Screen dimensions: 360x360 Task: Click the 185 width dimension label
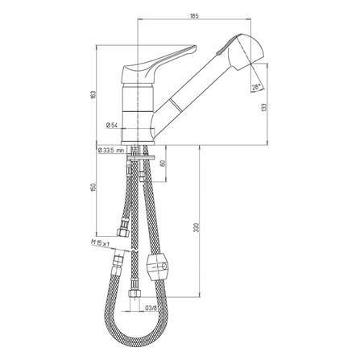tap(194, 16)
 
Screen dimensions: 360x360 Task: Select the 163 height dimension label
tap(93, 94)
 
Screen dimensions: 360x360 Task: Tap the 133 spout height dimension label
tap(264, 107)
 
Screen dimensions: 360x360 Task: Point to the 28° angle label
tap(256, 87)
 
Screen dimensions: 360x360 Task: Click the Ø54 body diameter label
tap(111, 125)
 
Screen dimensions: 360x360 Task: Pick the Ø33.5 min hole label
tap(110, 151)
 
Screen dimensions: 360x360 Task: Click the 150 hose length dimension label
tap(93, 187)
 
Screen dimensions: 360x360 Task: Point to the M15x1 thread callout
tap(100, 243)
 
